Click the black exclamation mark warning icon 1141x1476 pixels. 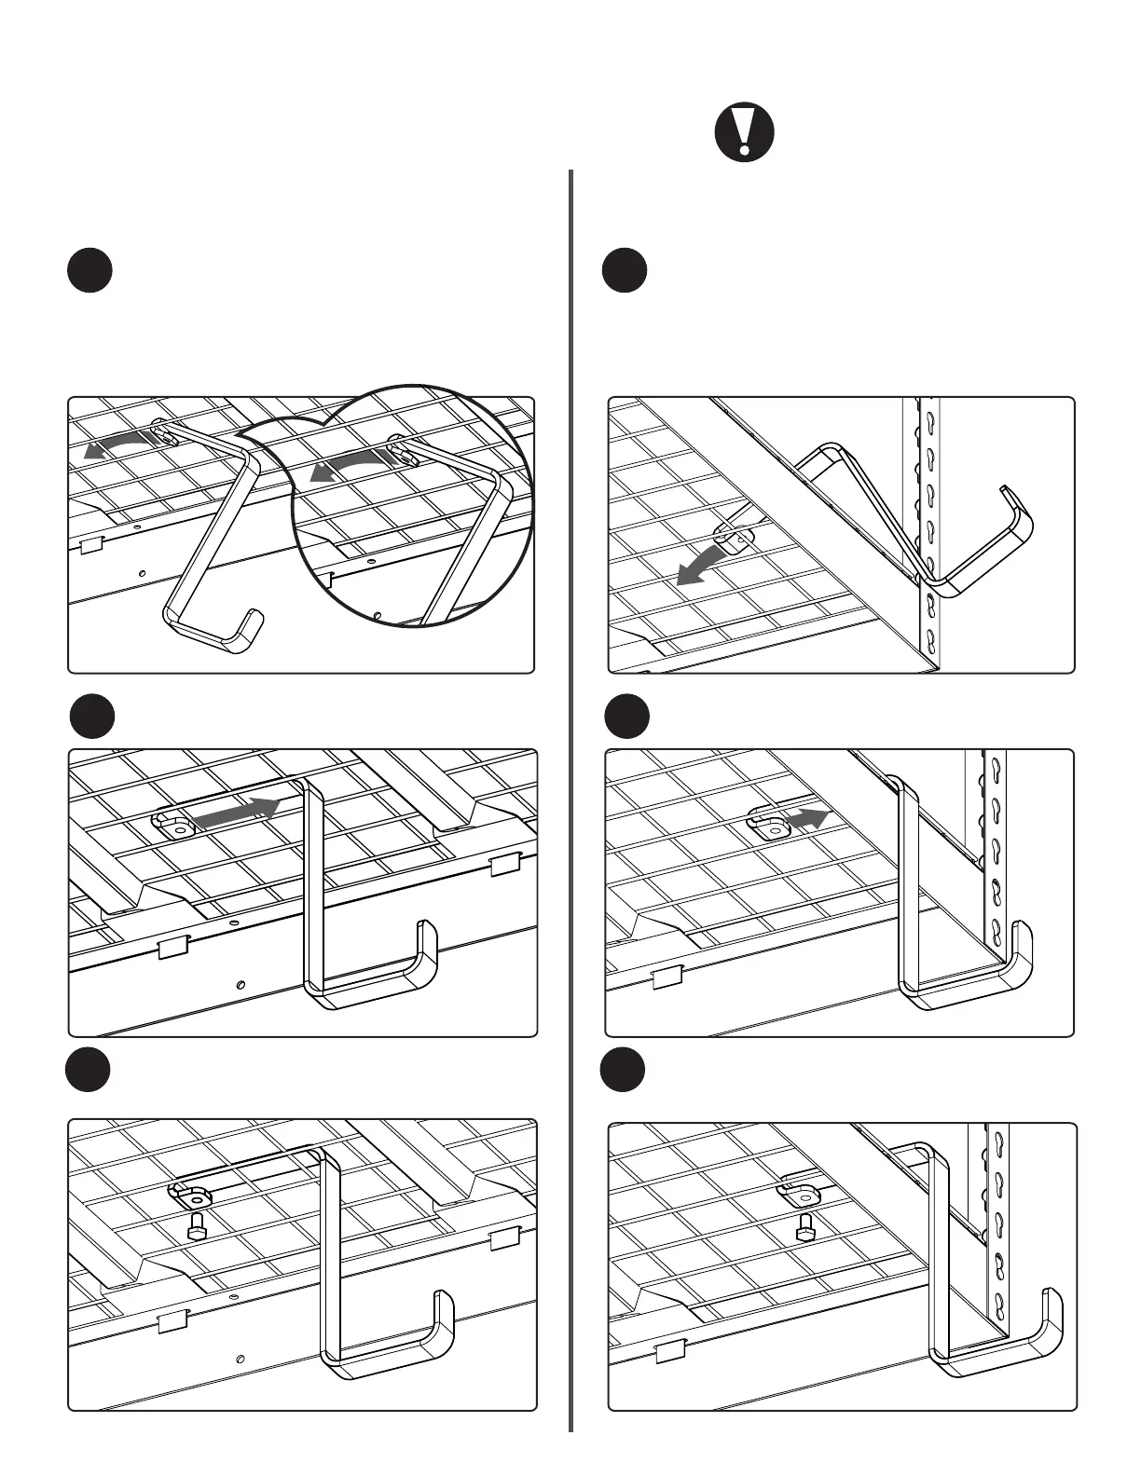[x=744, y=132]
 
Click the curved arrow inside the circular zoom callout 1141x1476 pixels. [x=348, y=466]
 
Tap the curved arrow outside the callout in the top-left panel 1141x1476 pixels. [x=117, y=445]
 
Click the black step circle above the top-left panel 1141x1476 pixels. [x=89, y=271]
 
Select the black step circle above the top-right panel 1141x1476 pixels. [x=625, y=271]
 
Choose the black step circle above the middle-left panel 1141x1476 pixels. [x=92, y=717]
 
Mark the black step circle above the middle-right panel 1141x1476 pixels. [x=626, y=717]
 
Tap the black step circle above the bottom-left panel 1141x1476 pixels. [x=89, y=1071]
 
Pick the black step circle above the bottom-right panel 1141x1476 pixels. [x=623, y=1071]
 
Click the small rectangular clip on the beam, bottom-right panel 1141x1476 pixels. [x=669, y=1350]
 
